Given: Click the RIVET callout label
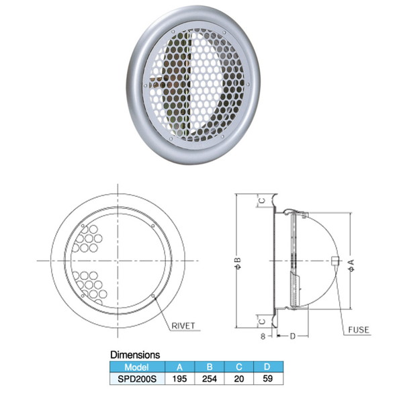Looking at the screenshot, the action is (183, 326).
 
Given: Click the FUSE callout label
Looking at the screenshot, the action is (358, 330).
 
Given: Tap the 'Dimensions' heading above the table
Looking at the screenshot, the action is (135, 355).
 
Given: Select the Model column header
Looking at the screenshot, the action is (137, 367).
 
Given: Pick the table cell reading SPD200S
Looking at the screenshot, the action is (137, 379).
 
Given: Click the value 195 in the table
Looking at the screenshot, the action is (179, 379).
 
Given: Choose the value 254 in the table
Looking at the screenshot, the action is (209, 379).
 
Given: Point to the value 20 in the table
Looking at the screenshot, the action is (238, 379).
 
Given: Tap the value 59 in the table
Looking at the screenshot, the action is (267, 379).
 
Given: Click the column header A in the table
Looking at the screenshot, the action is (179, 367).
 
